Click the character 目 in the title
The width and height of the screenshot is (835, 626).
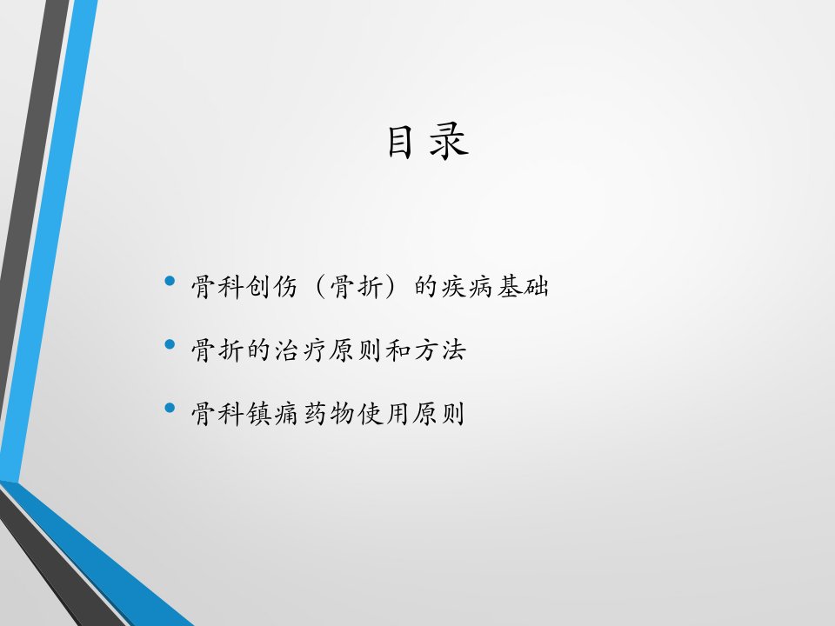click(x=400, y=142)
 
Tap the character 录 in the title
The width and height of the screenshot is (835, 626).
click(x=449, y=142)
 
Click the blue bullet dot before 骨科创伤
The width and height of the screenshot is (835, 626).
click(x=170, y=281)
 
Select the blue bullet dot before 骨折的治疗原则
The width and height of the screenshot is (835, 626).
click(x=170, y=344)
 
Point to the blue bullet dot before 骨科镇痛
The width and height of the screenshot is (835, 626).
click(x=170, y=409)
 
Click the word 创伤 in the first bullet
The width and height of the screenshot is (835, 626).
click(x=271, y=288)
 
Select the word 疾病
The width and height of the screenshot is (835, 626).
click(x=467, y=288)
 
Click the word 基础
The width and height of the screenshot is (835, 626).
click(x=523, y=288)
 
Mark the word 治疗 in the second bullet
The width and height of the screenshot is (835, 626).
click(x=300, y=350)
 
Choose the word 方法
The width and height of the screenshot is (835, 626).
click(x=439, y=350)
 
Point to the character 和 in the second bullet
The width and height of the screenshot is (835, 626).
click(x=397, y=350)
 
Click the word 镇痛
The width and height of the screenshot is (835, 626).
click(x=271, y=414)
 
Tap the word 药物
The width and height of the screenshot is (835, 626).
click(x=328, y=414)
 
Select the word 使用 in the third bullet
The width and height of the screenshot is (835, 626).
click(x=383, y=414)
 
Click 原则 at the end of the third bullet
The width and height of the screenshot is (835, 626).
click(x=438, y=414)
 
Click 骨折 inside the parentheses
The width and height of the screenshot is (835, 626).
click(x=355, y=288)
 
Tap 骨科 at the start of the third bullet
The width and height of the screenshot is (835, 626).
click(x=217, y=414)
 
